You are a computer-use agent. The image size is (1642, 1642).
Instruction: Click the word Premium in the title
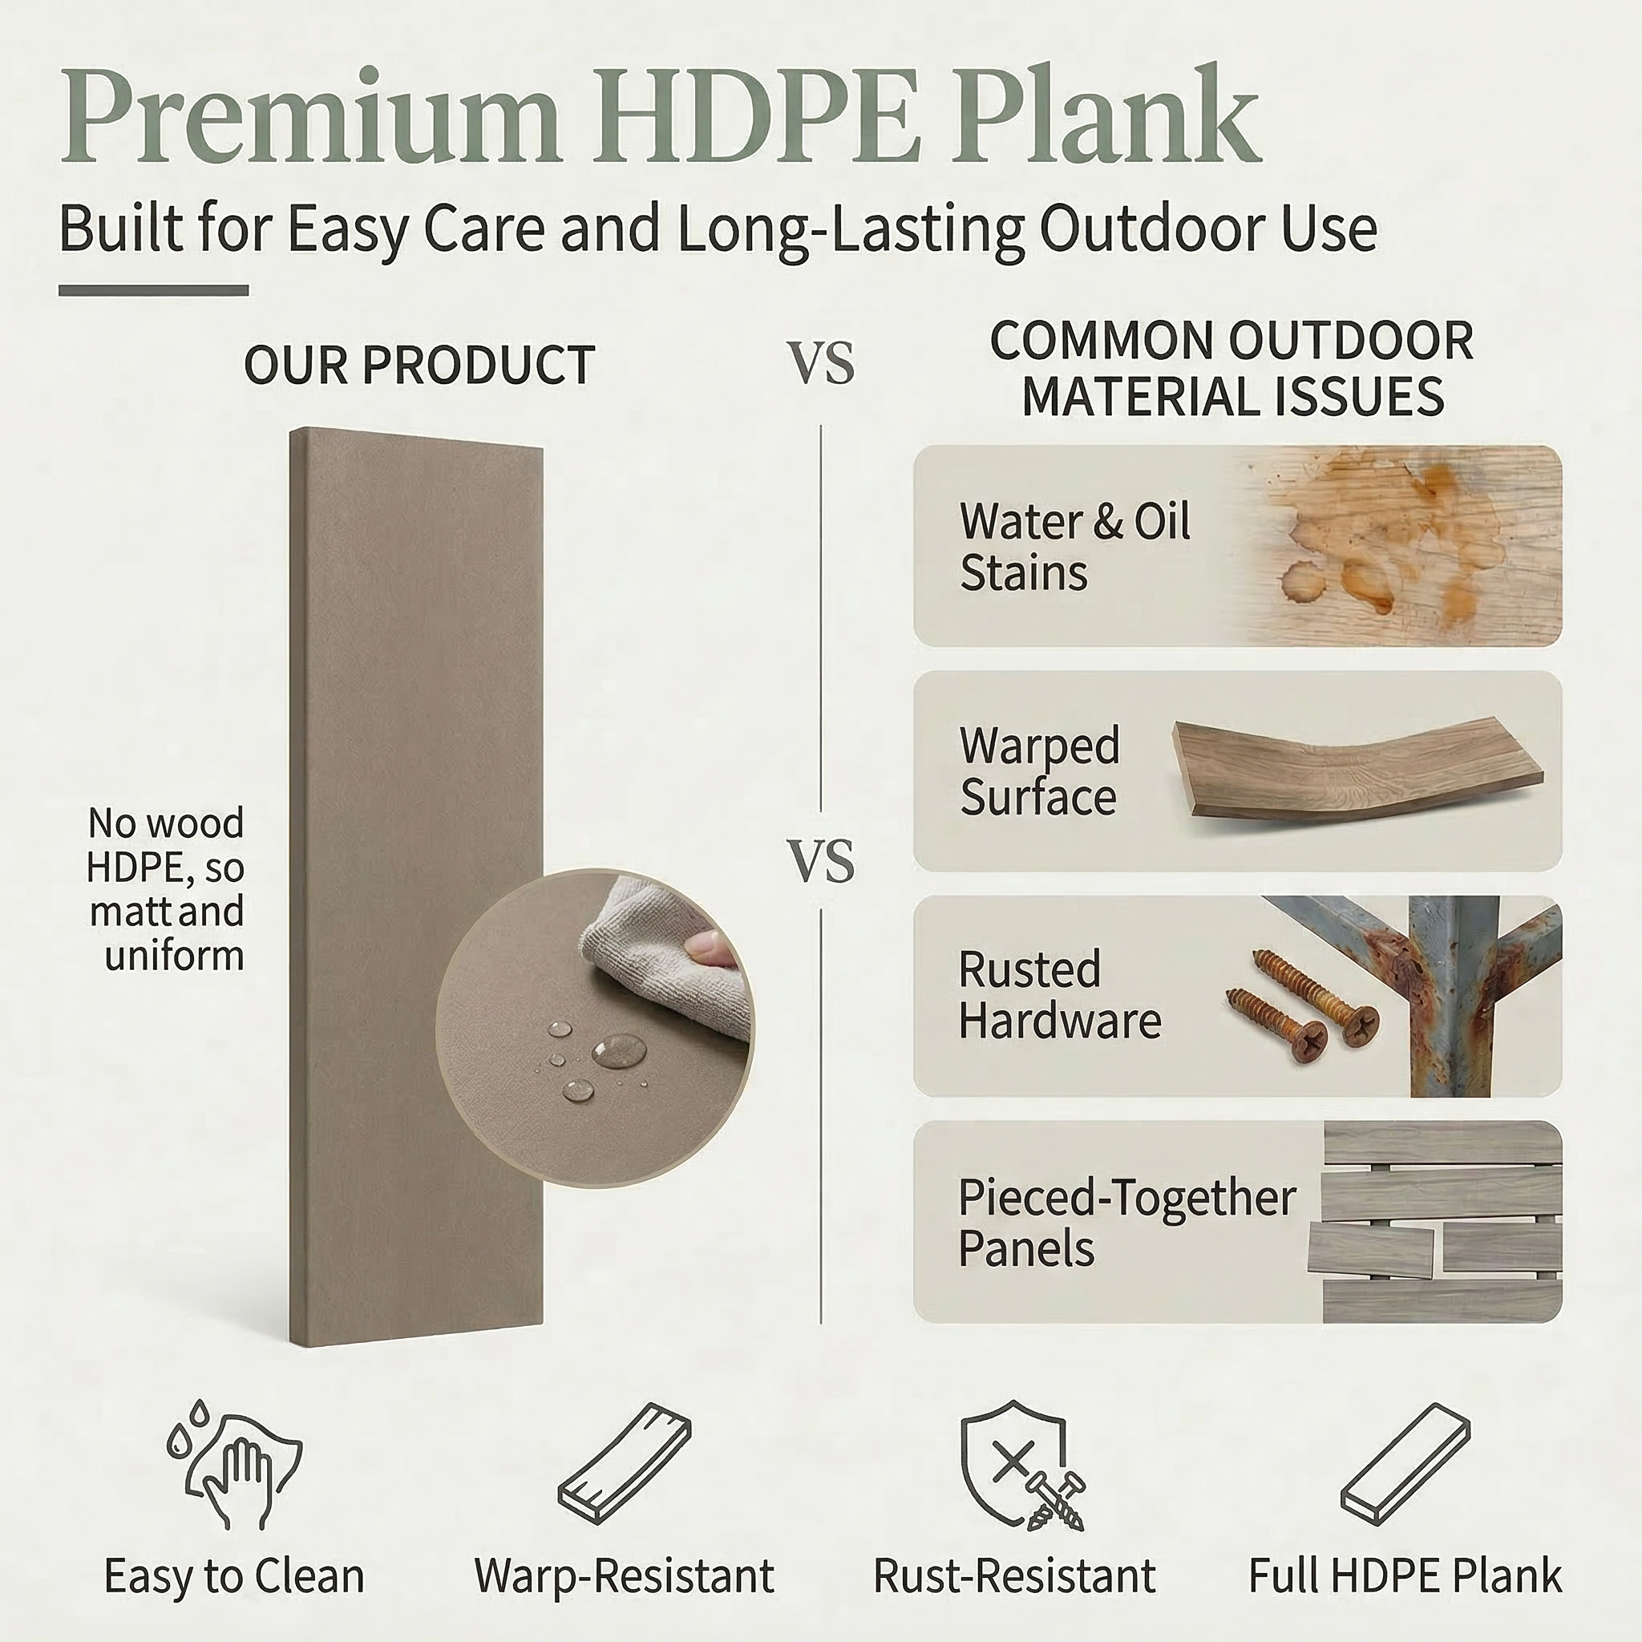tap(311, 119)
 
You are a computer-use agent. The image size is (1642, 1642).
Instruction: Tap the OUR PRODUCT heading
tap(419, 366)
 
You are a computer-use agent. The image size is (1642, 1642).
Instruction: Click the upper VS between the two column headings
tap(823, 365)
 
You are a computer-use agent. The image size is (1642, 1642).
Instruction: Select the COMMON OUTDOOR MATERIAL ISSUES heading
tap(1232, 369)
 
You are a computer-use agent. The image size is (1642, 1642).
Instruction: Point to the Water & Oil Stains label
tap(1074, 547)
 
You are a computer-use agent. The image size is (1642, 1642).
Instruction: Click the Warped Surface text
tap(1039, 770)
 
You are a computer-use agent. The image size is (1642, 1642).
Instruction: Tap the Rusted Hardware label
tap(1060, 994)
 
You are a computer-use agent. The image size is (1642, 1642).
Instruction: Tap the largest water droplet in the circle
tap(619, 1050)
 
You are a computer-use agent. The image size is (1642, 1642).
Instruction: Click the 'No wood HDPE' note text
tap(166, 889)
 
